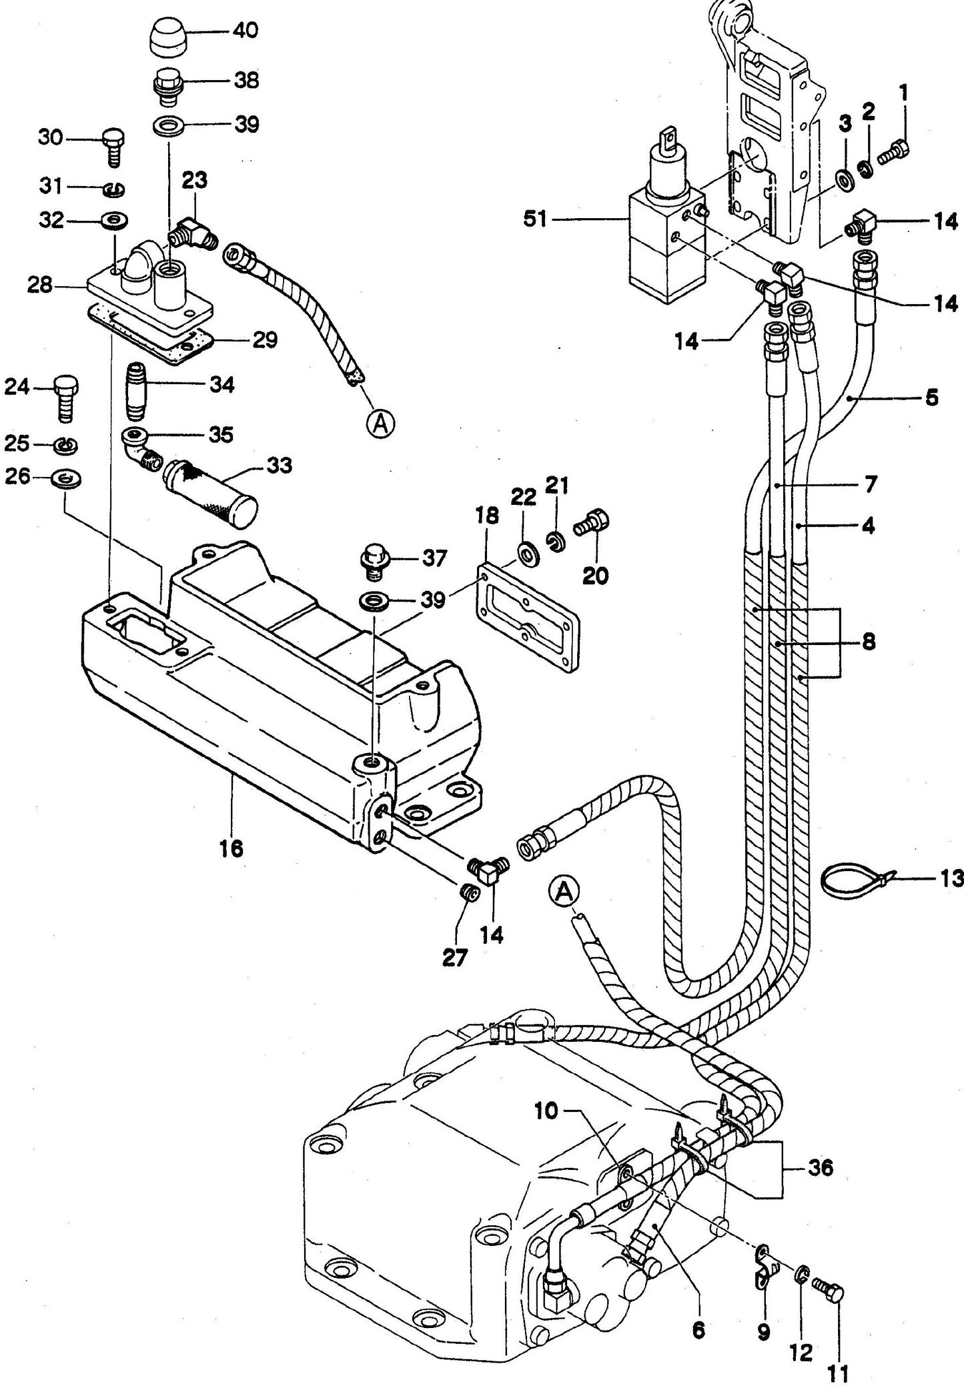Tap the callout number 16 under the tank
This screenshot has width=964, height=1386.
tap(233, 848)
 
